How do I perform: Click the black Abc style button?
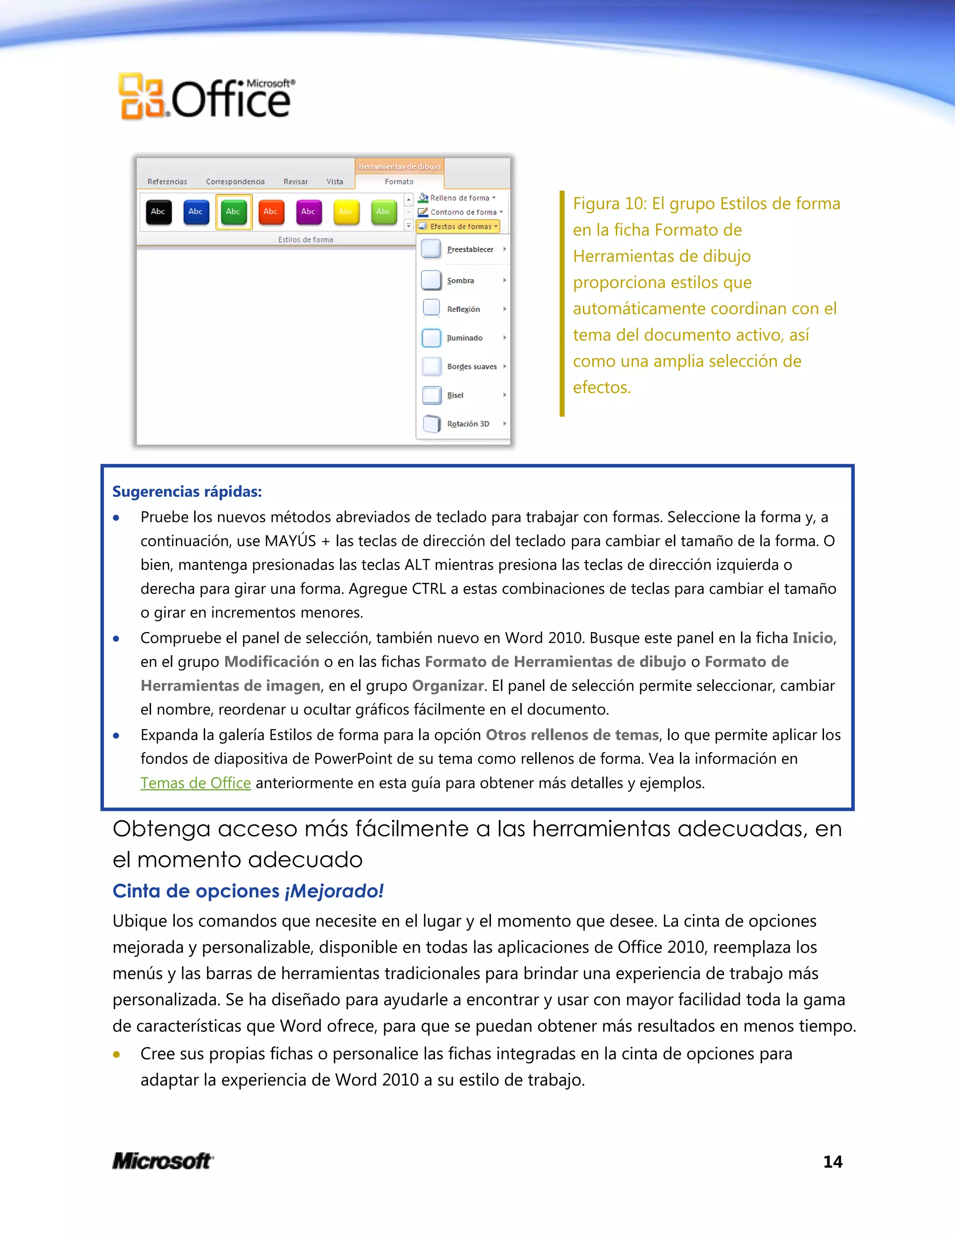[x=159, y=212]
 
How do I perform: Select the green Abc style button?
[x=233, y=212]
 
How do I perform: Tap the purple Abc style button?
[x=308, y=212]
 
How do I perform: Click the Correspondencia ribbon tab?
[x=235, y=181]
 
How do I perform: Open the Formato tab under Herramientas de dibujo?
[x=399, y=181]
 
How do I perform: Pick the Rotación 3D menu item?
[x=467, y=424]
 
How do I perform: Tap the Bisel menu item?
[x=455, y=395]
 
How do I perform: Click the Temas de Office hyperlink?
[x=195, y=783]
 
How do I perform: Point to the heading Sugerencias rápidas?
[x=187, y=491]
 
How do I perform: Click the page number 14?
[x=832, y=1161]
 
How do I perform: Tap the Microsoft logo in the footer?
[x=163, y=1161]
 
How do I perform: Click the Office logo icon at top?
[x=141, y=96]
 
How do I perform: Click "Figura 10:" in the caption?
[x=609, y=204]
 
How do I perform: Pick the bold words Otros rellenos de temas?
[x=572, y=735]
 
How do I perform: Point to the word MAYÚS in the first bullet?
[x=290, y=541]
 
